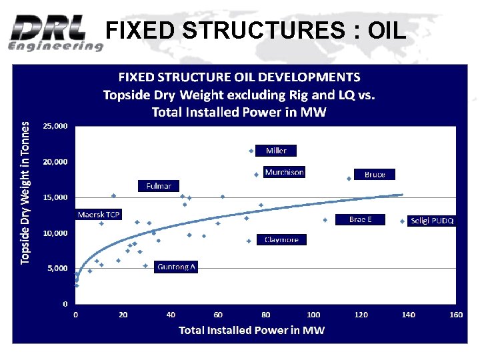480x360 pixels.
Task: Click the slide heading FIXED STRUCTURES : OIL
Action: [255, 30]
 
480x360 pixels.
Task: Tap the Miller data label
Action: [276, 151]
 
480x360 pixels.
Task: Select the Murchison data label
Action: [284, 172]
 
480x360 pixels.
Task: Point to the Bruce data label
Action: [375, 174]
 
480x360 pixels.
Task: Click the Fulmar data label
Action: [159, 186]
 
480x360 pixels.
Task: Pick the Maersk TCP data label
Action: [99, 215]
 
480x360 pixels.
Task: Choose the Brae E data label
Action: [360, 219]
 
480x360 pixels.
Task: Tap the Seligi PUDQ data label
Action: [432, 221]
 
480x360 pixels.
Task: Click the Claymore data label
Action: [281, 239]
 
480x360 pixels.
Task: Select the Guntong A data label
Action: [176, 267]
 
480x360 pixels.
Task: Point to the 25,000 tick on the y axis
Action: [55, 126]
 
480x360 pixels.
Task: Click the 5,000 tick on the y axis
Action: [57, 268]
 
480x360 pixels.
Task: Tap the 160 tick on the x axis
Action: [456, 314]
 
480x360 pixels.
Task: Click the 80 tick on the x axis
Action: [266, 314]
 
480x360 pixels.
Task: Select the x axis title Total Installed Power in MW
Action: [251, 331]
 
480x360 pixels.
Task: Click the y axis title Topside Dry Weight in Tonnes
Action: [25, 192]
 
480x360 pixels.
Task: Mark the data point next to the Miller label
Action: [251, 151]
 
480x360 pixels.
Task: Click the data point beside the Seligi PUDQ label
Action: [402, 221]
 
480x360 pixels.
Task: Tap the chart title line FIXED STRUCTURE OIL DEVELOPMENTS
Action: [239, 77]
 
